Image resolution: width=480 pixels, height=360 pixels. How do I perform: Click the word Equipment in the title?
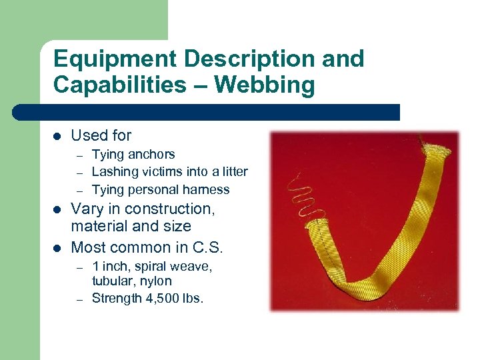click(114, 59)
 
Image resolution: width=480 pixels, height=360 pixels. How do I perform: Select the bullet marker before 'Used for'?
click(58, 136)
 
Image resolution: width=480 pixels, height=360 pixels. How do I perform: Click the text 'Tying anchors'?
click(133, 155)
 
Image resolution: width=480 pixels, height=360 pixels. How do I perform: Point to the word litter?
click(231, 172)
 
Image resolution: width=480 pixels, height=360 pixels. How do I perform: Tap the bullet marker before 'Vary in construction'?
click(58, 210)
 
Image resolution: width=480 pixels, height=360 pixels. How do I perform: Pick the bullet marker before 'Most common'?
click(58, 248)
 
